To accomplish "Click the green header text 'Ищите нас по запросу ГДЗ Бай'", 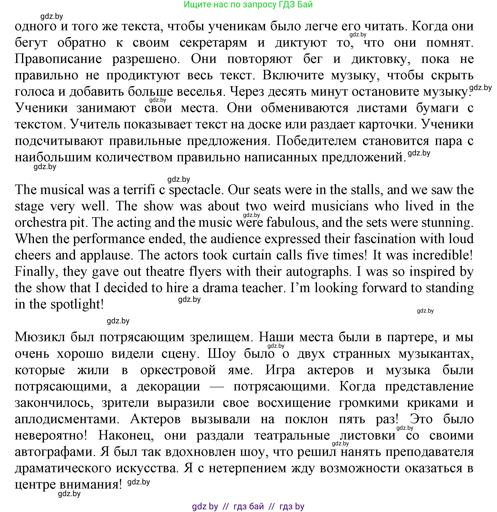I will [248, 4].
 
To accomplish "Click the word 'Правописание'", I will [58, 59].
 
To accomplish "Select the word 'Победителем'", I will [316, 141].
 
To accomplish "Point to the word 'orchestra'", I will [39, 223].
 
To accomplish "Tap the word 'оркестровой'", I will [178, 370].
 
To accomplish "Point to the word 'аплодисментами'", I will [67, 419].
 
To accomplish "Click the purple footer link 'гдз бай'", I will [248, 506].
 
